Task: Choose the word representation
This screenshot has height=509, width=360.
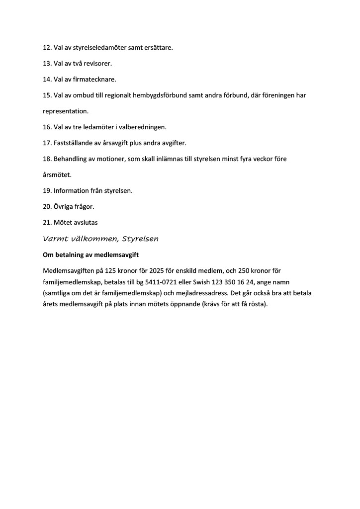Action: (x=66, y=111)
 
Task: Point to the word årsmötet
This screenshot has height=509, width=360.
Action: (x=57, y=174)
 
